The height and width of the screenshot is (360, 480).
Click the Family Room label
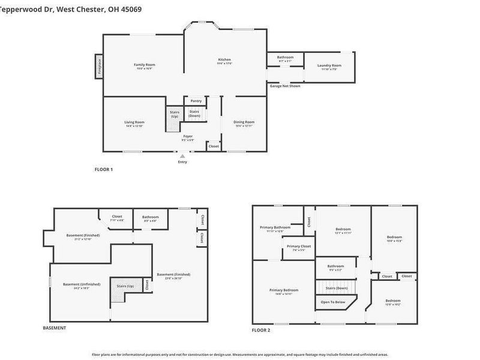tap(144, 64)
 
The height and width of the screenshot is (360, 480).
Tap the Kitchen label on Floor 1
tap(224, 59)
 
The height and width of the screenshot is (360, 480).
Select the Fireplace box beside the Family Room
tap(98, 66)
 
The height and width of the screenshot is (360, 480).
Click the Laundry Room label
tap(329, 65)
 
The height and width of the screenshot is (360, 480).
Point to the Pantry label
tap(196, 101)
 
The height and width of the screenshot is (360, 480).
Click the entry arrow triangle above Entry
tap(182, 156)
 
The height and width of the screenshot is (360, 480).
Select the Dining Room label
tap(244, 122)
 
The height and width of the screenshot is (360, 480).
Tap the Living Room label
tap(134, 122)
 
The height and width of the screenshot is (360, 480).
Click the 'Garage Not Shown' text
tap(284, 86)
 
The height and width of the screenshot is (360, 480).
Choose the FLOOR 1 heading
tap(104, 170)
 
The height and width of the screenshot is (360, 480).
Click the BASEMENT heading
tap(54, 328)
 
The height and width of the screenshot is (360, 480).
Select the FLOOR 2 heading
tap(260, 330)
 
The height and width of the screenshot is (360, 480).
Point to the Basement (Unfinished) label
tap(82, 284)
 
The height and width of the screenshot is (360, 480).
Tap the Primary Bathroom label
tap(275, 227)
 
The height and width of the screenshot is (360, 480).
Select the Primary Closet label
tap(298, 246)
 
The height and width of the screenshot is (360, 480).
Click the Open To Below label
tap(333, 302)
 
